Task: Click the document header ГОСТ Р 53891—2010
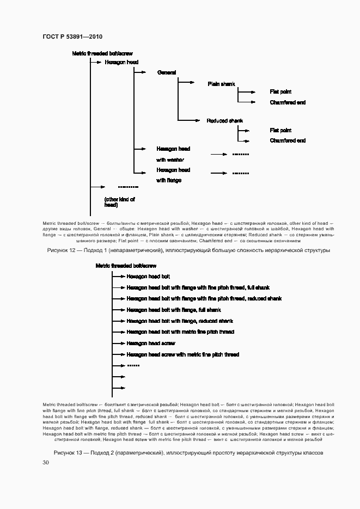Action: click(72, 36)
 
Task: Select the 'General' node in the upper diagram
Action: click(166, 72)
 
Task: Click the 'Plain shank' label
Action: click(221, 84)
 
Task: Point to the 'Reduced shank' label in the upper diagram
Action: click(224, 121)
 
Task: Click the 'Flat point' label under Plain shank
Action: click(280, 91)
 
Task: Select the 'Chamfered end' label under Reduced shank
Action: click(288, 140)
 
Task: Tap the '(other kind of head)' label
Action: click(119, 202)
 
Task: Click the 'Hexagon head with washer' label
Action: click(173, 154)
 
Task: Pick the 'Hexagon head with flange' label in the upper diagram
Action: click(173, 175)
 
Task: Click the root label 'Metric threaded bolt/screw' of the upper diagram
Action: click(102, 53)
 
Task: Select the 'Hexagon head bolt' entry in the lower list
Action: click(148, 277)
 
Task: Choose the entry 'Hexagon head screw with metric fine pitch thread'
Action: click(182, 354)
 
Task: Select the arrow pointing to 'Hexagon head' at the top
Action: click(96, 63)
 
